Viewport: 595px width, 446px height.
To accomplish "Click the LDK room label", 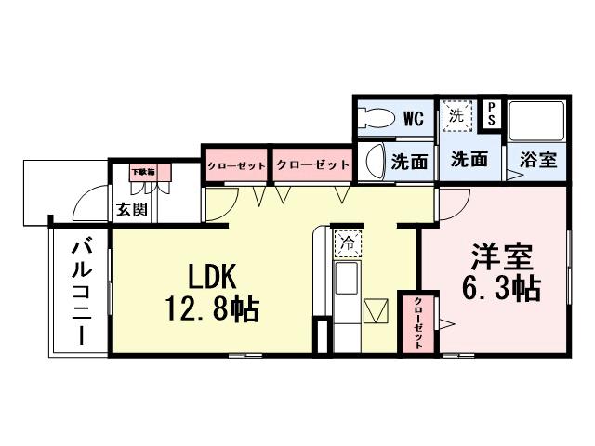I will [216, 277].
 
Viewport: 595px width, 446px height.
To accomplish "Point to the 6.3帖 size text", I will [500, 288].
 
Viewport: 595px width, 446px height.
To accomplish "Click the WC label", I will [414, 118].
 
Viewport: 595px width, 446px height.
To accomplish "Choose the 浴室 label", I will [539, 160].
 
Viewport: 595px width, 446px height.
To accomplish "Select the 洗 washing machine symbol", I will [456, 116].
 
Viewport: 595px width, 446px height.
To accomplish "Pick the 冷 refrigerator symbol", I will [346, 243].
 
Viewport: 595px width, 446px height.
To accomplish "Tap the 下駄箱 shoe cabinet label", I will [142, 172].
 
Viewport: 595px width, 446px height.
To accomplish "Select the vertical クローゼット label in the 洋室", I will [418, 322].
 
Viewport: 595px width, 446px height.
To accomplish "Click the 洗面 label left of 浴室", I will [469, 160].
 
